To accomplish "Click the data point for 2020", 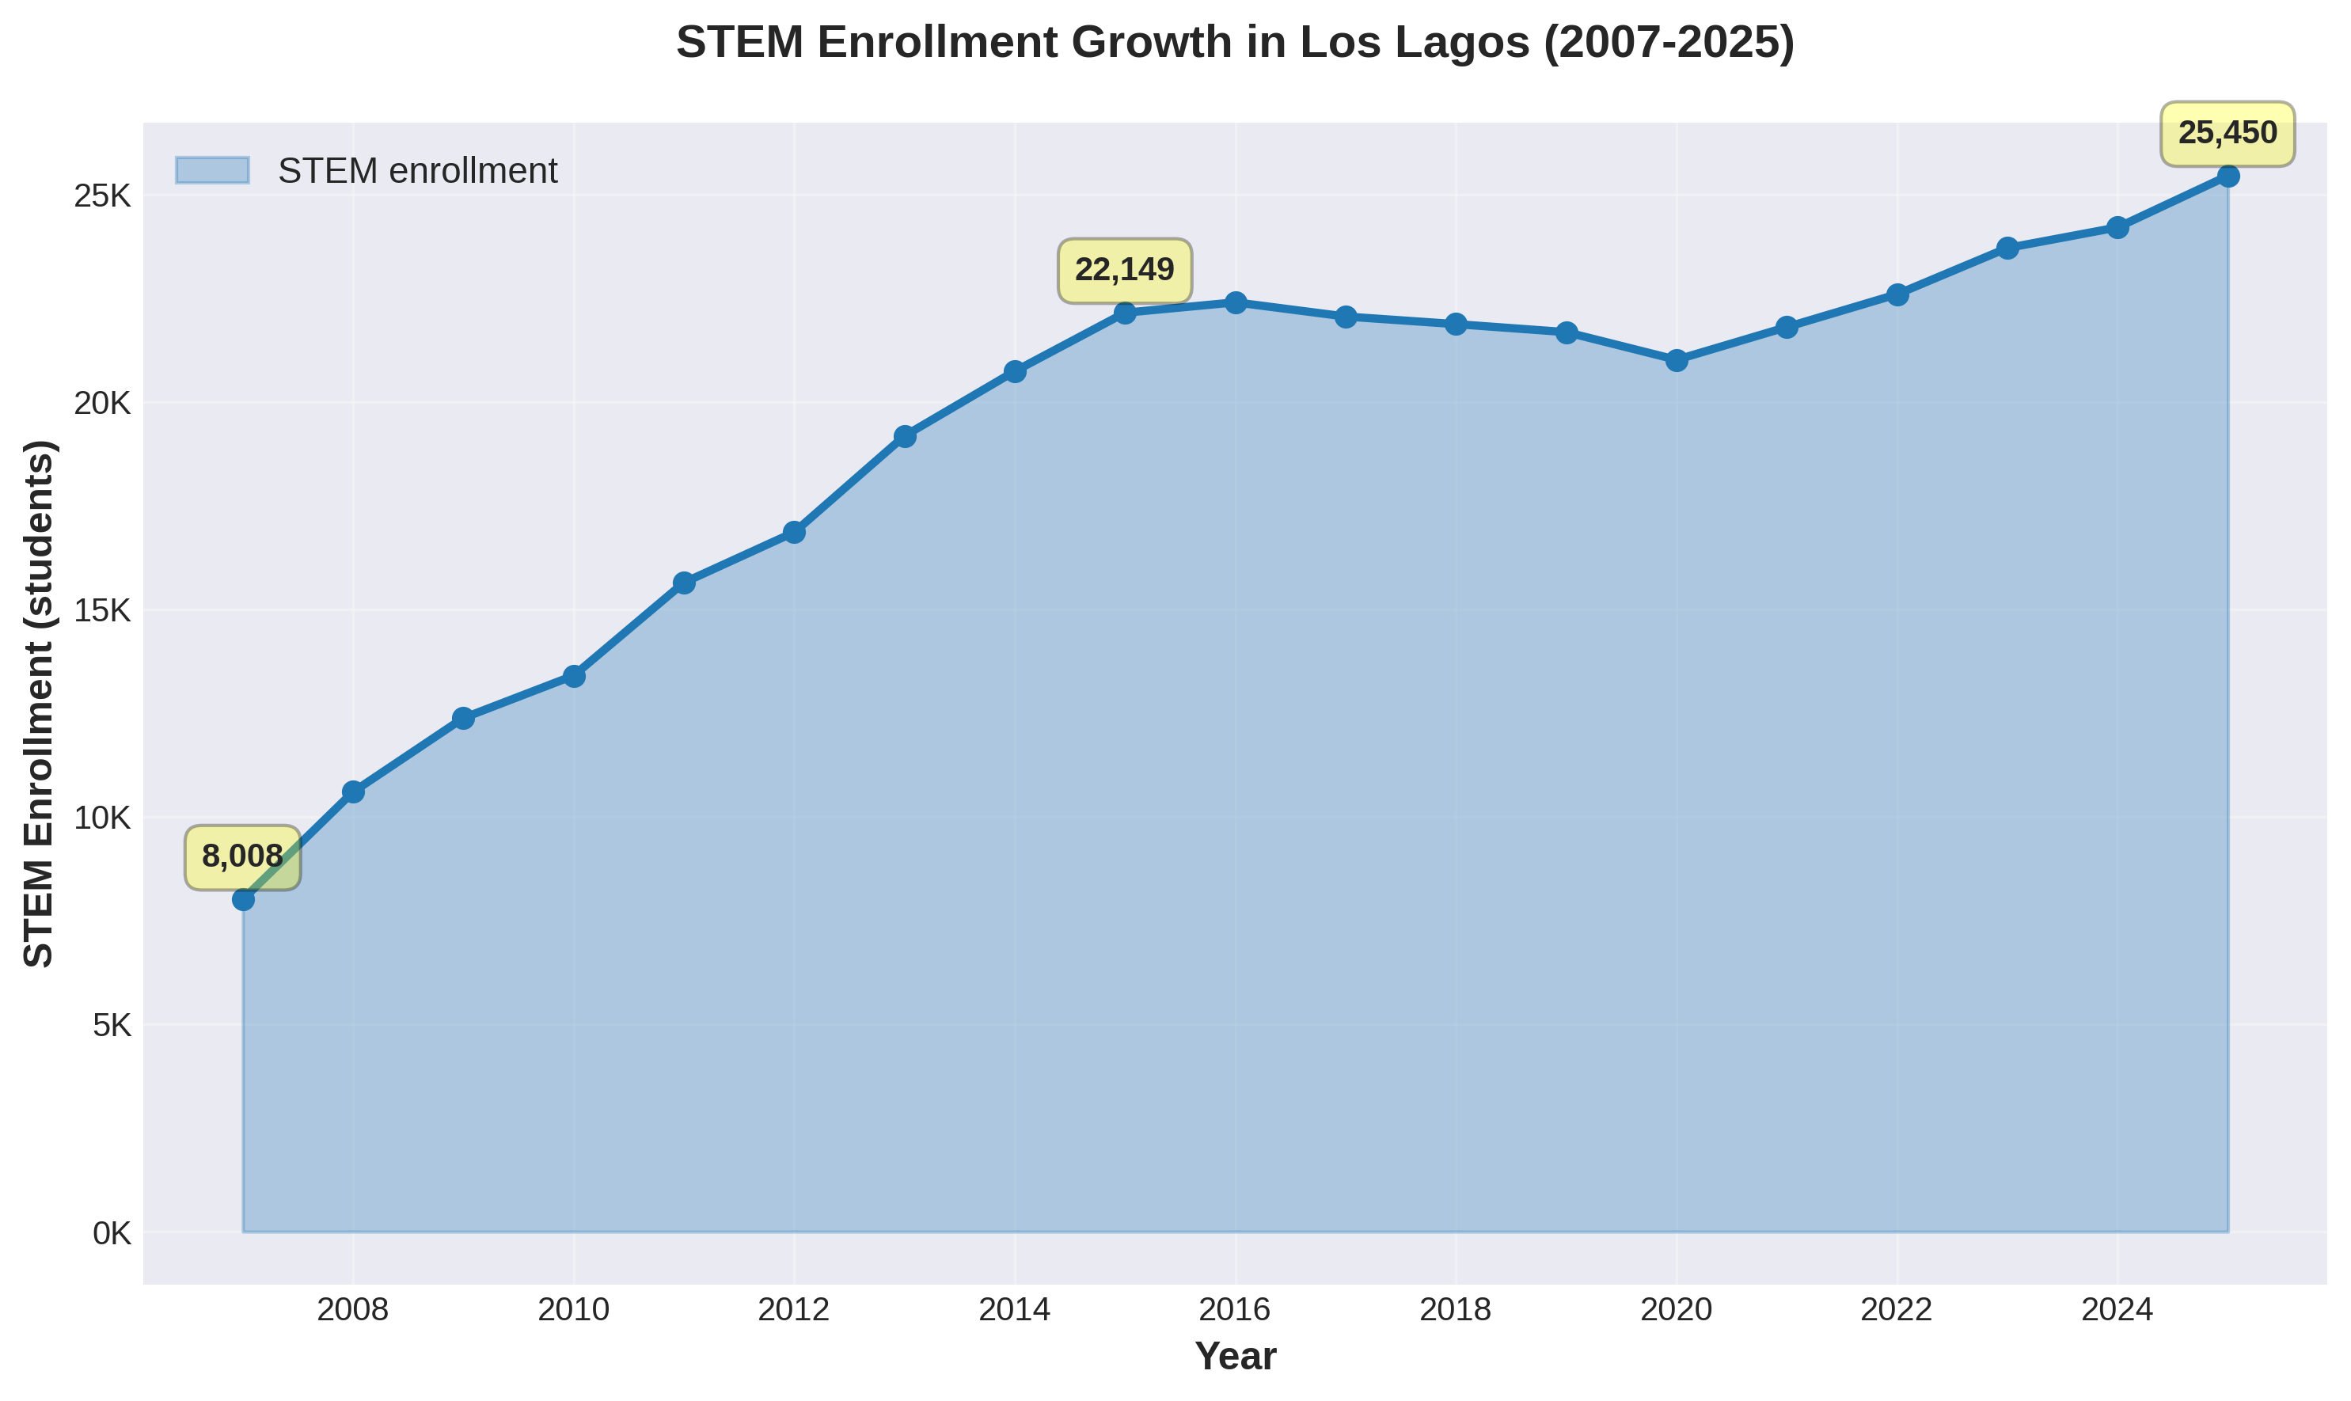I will (1677, 359).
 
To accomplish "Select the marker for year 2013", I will (905, 436).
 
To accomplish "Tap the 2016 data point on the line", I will (1235, 302).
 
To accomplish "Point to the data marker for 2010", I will (574, 676).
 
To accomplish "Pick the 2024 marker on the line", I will (2117, 227).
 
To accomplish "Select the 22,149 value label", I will (1125, 271).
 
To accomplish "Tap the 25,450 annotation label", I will (2228, 133).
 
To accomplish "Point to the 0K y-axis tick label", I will (111, 1233).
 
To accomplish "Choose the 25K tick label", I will (102, 196).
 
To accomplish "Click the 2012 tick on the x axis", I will (794, 1309).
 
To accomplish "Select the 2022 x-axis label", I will (1897, 1309).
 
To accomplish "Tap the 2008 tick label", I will (353, 1309).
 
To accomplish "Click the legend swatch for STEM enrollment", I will (212, 171).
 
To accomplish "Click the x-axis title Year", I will (1235, 1357).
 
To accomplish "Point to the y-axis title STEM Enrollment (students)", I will (40, 704).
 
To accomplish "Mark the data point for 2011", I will (685, 583).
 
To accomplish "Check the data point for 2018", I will (1456, 324).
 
